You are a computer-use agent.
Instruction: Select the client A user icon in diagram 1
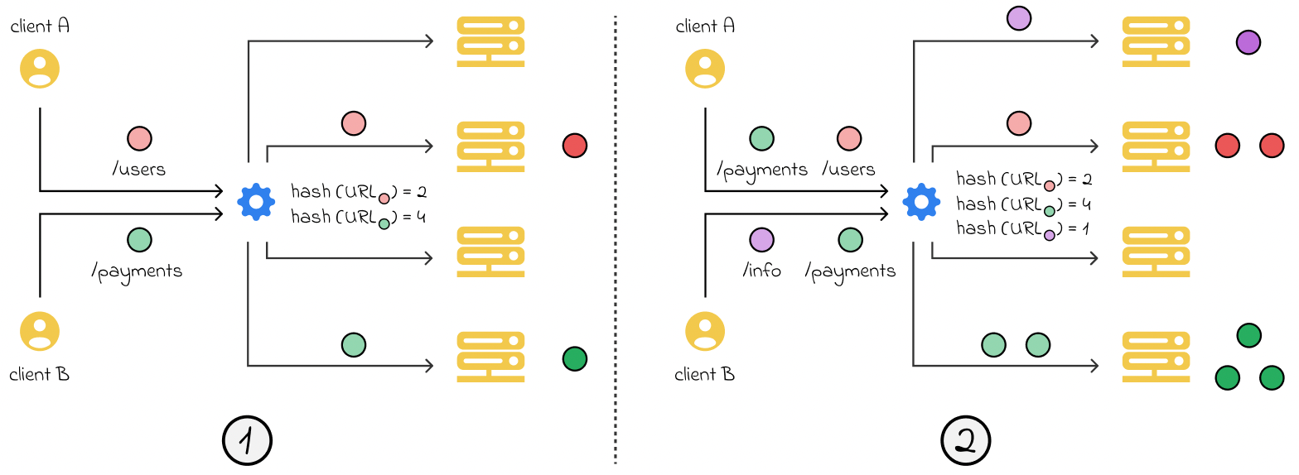(40, 69)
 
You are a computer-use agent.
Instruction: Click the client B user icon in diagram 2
(705, 332)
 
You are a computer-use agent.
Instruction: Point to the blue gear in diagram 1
(256, 201)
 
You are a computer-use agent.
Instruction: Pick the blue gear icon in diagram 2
(921, 201)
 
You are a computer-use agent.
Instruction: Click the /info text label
(761, 271)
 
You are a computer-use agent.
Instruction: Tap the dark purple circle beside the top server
(1248, 42)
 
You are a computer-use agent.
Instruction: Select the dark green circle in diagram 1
(574, 358)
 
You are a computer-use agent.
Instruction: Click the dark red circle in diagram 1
(574, 146)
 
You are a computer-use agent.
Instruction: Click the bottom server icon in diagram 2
(1156, 357)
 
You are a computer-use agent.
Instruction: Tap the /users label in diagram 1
(138, 170)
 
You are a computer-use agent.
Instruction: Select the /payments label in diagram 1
(138, 271)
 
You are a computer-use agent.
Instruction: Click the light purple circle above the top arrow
(1018, 18)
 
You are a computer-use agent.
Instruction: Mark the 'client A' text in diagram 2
(705, 26)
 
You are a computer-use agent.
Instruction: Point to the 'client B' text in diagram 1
(39, 375)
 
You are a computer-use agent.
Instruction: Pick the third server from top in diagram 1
(490, 251)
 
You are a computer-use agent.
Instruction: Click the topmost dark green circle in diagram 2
(1248, 335)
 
